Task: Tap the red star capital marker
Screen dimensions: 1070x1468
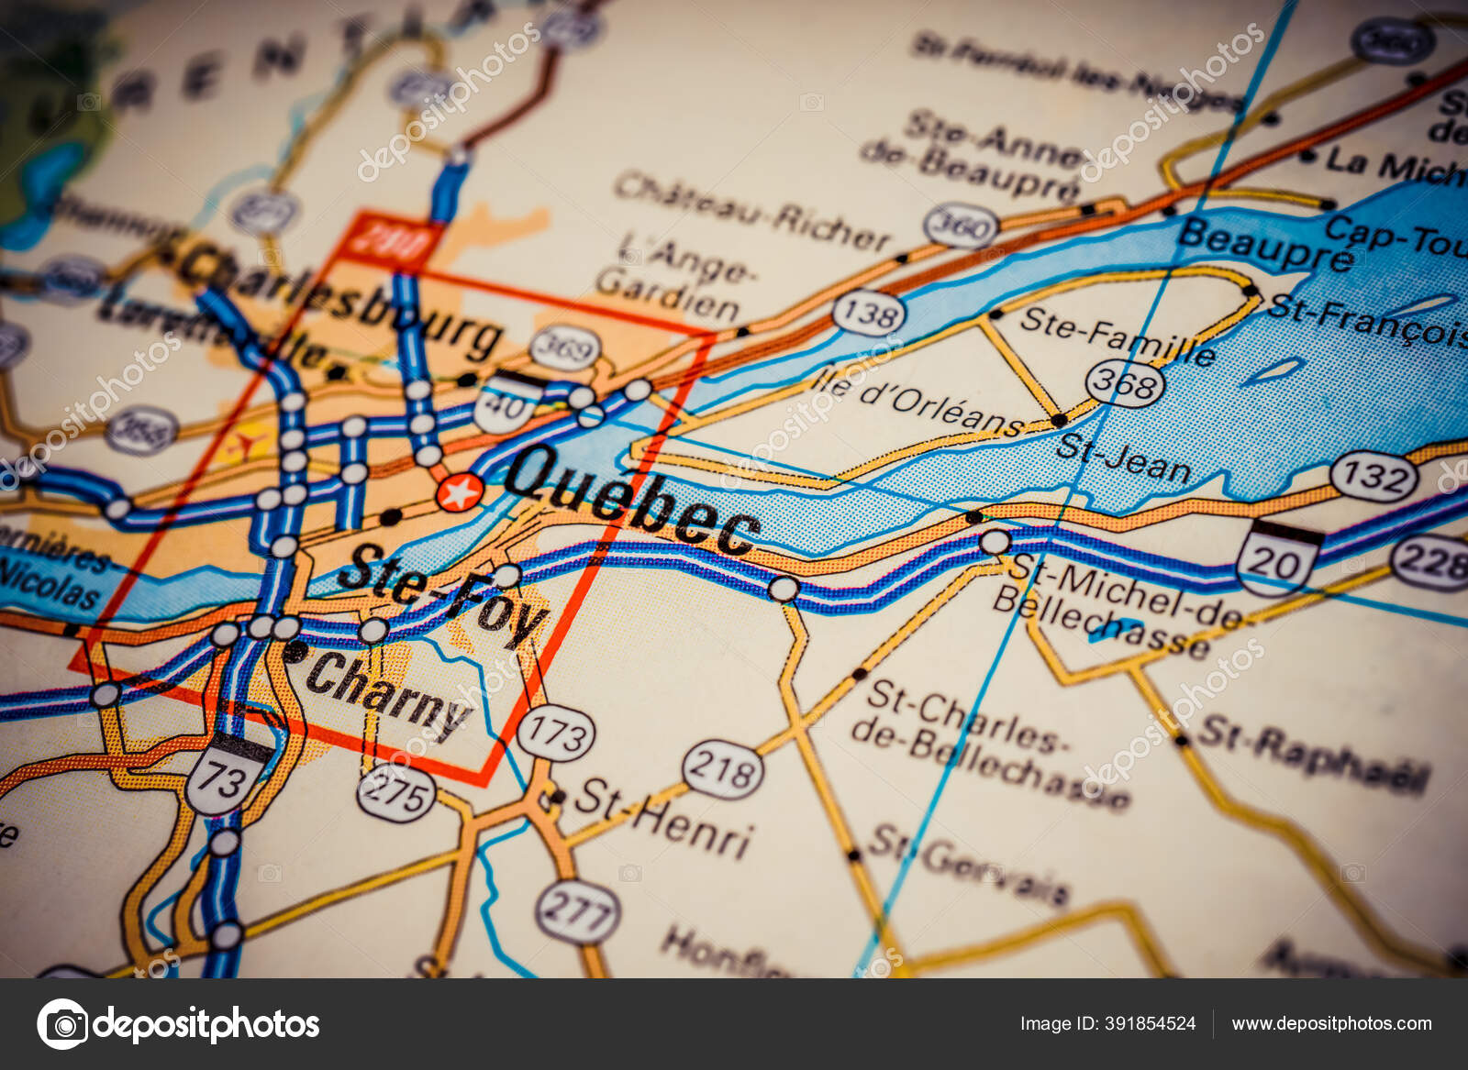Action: coord(459,493)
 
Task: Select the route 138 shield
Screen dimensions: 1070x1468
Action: coord(868,314)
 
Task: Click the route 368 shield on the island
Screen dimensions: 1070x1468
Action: coord(1125,382)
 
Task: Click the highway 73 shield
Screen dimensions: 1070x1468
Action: coord(222,778)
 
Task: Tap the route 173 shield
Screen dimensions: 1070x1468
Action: coord(556,734)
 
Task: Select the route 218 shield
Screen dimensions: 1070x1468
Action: coord(723,768)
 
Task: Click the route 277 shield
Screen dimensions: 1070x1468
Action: coord(577,912)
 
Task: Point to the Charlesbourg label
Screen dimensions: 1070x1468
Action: coord(339,297)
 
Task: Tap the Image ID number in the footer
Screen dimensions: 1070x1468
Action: coord(1107,1023)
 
